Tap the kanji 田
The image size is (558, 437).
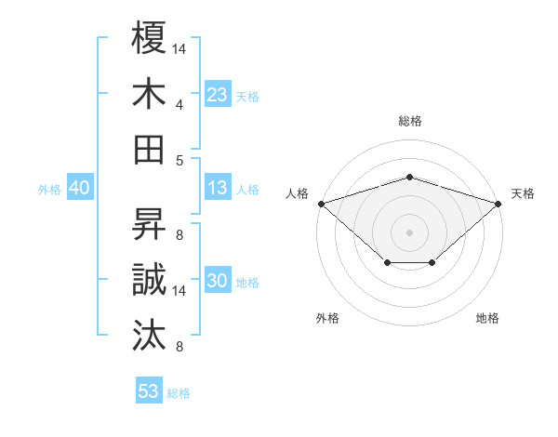click(x=150, y=149)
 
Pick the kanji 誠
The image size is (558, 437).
click(x=150, y=280)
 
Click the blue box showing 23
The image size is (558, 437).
click(x=217, y=94)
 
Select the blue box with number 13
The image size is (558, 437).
click(x=217, y=189)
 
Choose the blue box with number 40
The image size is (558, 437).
click(x=79, y=189)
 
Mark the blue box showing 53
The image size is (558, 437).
click(x=149, y=391)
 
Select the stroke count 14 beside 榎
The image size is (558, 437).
click(x=179, y=48)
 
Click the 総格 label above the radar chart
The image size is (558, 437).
click(x=409, y=122)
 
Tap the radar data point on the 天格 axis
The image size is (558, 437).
click(x=498, y=203)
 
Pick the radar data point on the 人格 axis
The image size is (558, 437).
click(x=321, y=203)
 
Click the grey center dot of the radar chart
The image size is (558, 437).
click(x=409, y=232)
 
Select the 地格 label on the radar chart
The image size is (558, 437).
click(x=487, y=319)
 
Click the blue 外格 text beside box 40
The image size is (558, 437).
click(x=49, y=190)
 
